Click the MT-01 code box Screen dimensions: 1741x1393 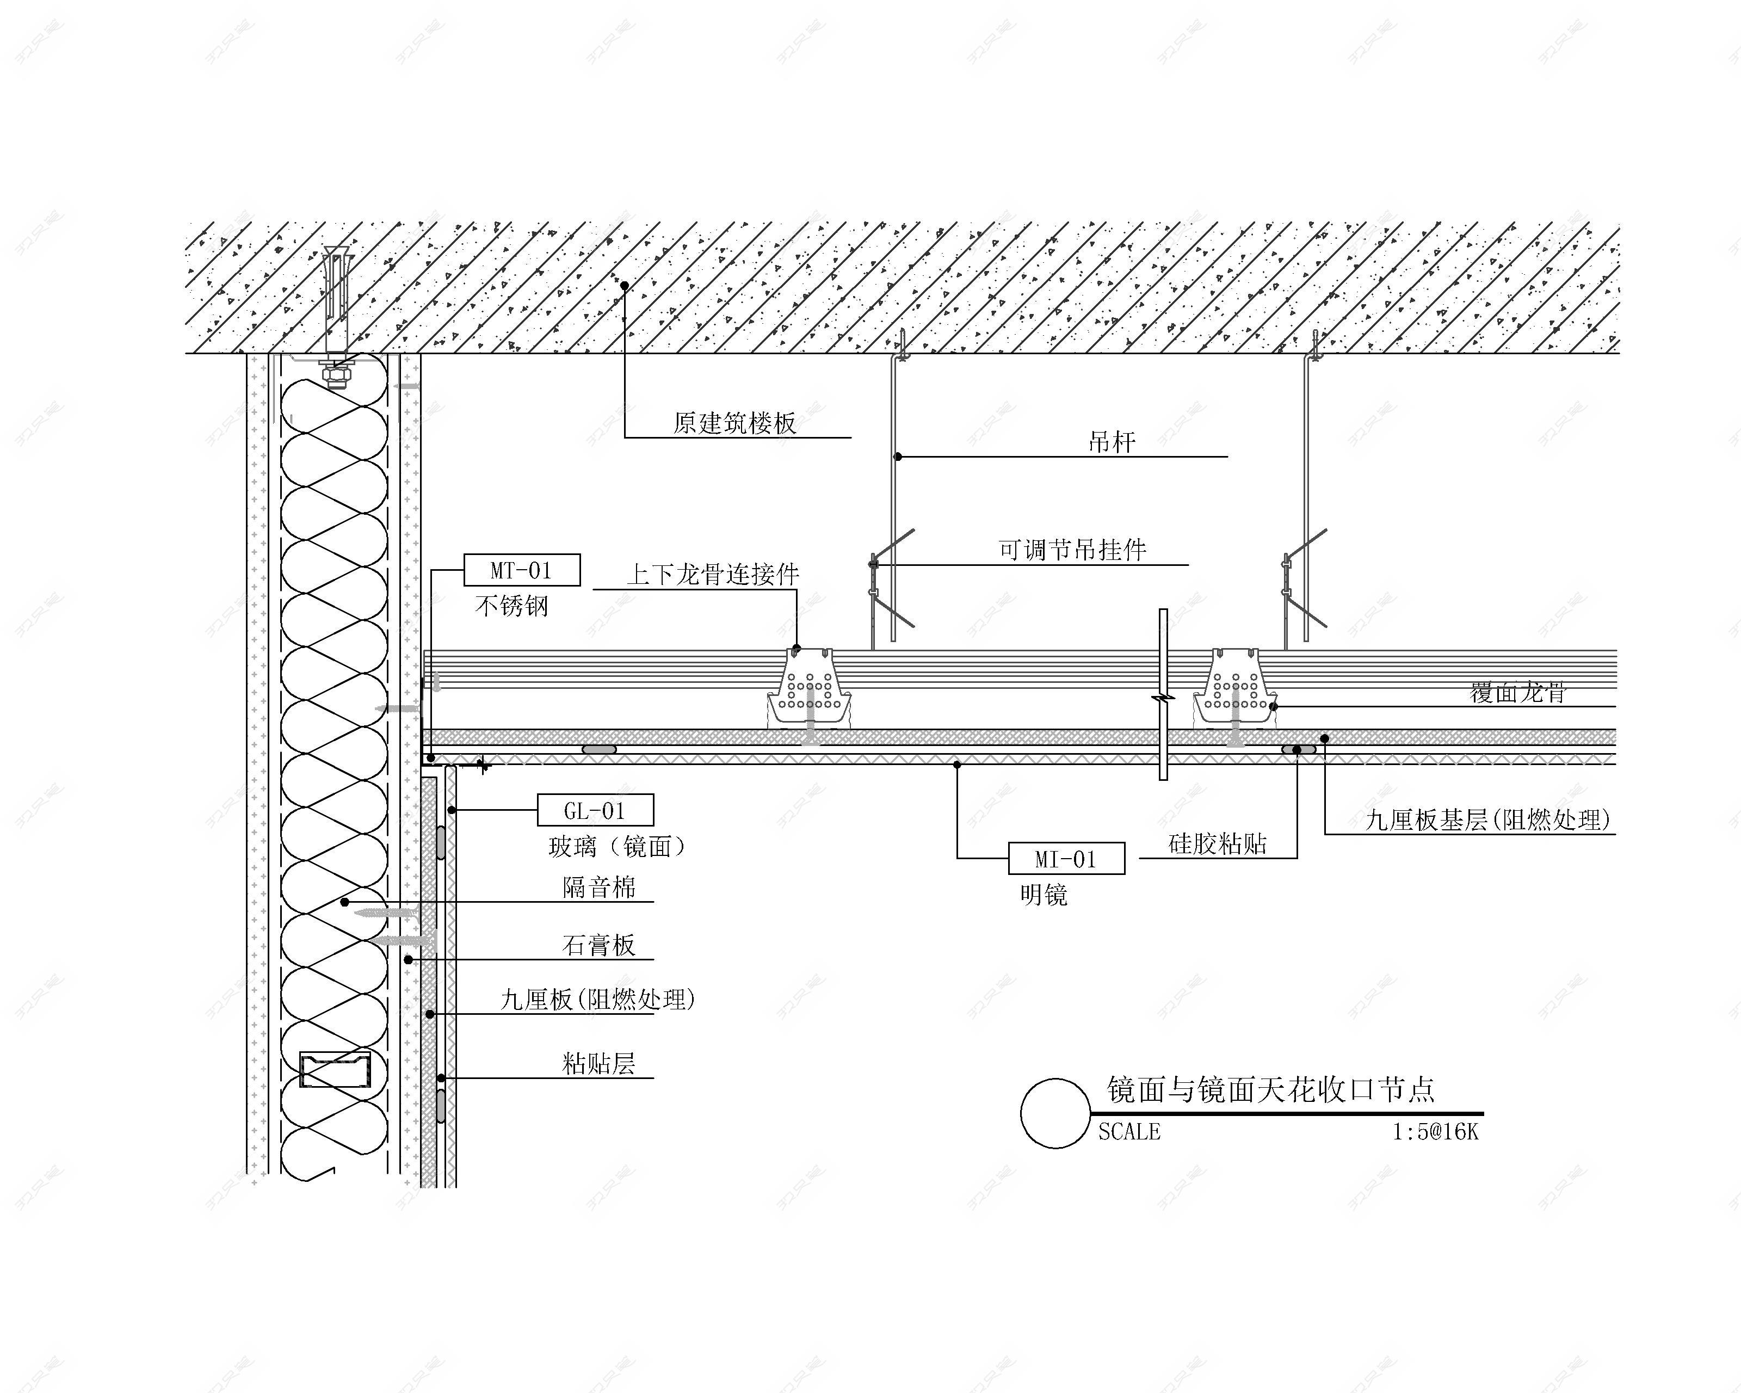click(522, 570)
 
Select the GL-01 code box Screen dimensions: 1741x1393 click(595, 810)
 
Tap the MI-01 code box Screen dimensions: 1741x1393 click(1066, 859)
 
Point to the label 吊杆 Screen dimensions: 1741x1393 click(1112, 442)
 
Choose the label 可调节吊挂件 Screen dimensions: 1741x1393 click(1072, 550)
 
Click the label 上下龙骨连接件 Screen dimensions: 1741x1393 click(713, 574)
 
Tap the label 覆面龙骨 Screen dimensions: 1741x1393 click(1517, 693)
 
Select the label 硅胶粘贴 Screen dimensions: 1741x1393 click(1218, 844)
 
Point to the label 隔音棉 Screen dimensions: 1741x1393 click(599, 887)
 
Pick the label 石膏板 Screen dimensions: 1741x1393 click(599, 945)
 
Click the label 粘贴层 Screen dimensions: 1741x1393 click(599, 1064)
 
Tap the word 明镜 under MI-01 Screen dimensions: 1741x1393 click(1044, 895)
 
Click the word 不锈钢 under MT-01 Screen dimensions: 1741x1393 click(512, 606)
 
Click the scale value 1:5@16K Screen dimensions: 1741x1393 click(1435, 1131)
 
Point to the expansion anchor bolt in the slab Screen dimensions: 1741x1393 click(336, 315)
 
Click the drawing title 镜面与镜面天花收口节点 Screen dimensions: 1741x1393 click(1271, 1089)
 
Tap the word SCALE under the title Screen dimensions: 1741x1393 click(1129, 1131)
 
